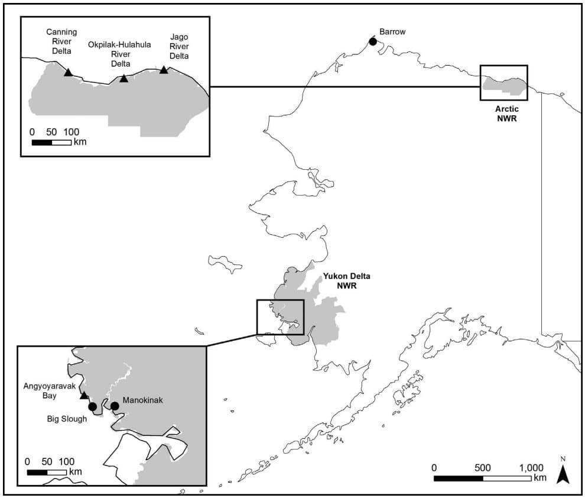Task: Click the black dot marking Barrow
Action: pyautogui.click(x=372, y=41)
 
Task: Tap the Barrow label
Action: pyautogui.click(x=392, y=31)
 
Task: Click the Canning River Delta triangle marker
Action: pyautogui.click(x=69, y=72)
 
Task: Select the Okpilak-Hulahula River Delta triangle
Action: pyautogui.click(x=123, y=78)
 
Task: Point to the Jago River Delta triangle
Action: pyautogui.click(x=164, y=70)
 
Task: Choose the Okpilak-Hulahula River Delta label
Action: pyautogui.click(x=118, y=54)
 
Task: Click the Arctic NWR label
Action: pyautogui.click(x=505, y=113)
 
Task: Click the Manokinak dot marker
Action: pyautogui.click(x=115, y=405)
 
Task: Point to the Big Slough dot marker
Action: pyautogui.click(x=92, y=406)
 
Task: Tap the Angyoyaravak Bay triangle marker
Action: pyautogui.click(x=84, y=395)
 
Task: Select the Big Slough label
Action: pyautogui.click(x=67, y=419)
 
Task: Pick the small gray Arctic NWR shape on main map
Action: pyautogui.click(x=503, y=88)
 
